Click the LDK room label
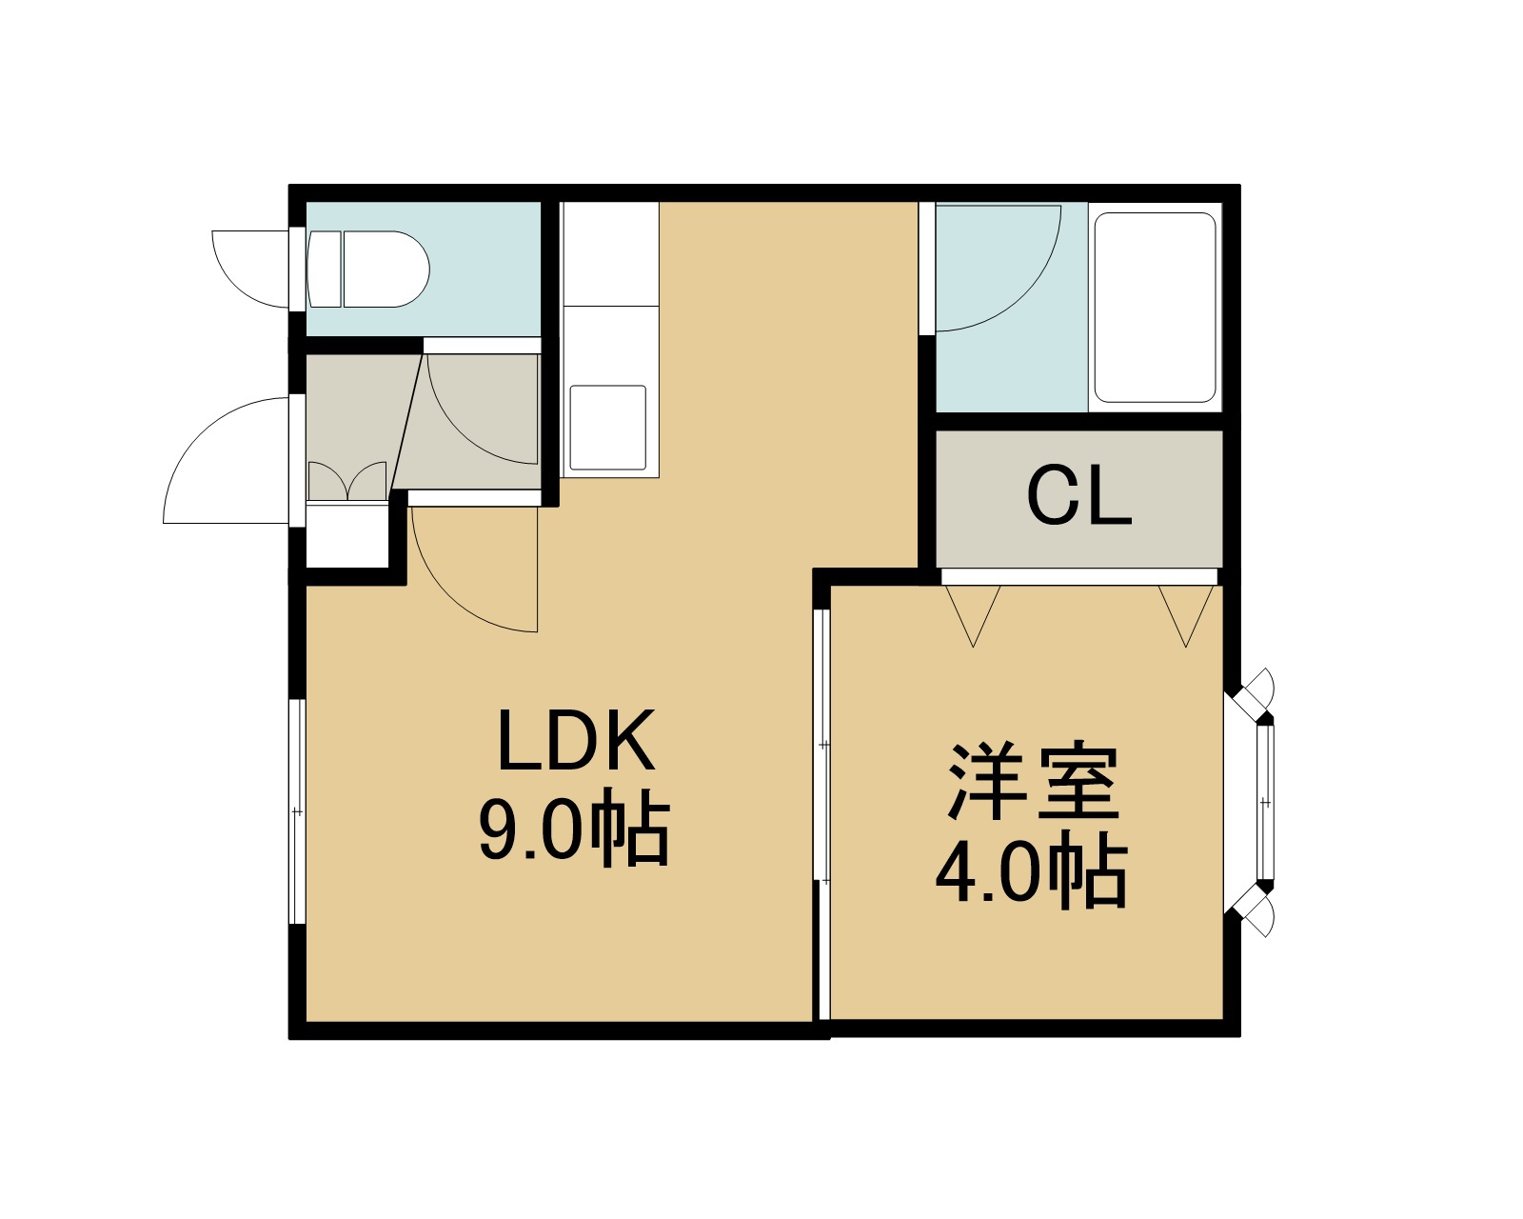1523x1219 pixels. (576, 740)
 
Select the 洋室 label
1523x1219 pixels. (1034, 781)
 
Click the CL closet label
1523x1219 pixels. (1079, 496)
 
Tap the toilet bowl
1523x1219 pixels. (386, 270)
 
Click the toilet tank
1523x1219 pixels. (325, 270)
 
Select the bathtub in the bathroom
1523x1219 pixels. (1155, 308)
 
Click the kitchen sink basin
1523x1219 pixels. (608, 427)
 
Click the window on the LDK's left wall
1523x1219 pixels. (297, 811)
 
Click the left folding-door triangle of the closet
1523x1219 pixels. (973, 615)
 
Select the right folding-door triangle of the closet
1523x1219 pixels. (1186, 615)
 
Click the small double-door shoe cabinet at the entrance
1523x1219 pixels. (347, 482)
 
